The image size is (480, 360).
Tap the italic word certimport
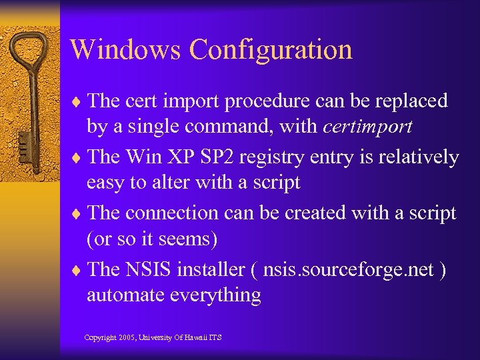pos(367,126)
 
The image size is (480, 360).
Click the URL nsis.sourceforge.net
pos(349,270)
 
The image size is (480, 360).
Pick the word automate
pos(125,295)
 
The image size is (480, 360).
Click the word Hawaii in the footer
pos(192,338)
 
